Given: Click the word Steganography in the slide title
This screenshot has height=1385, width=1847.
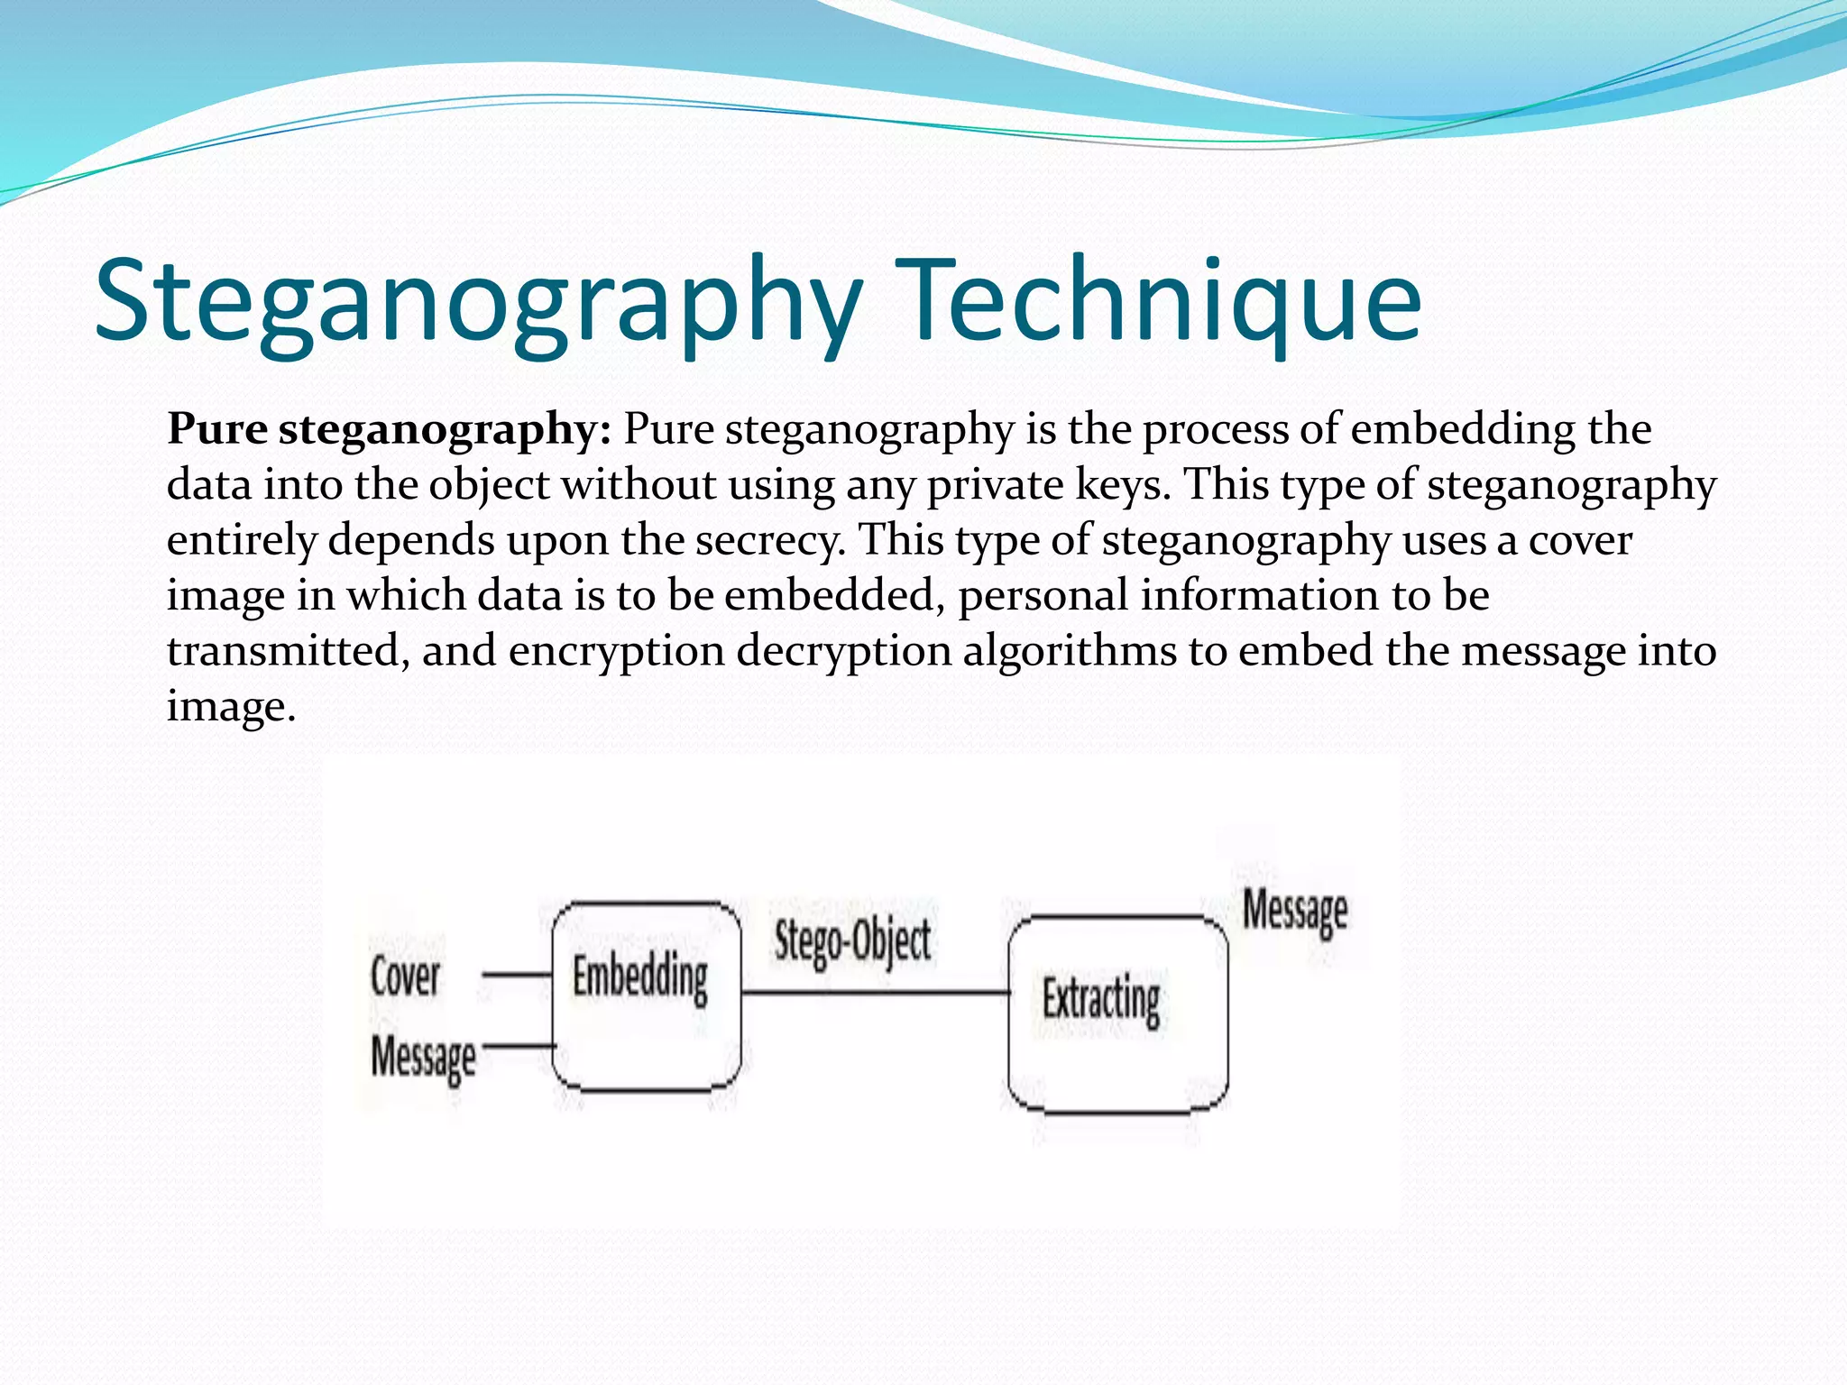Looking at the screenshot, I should [478, 302].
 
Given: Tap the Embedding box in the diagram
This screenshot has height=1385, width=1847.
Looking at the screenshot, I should [646, 996].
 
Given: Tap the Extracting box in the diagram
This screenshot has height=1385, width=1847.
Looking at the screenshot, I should [1117, 1014].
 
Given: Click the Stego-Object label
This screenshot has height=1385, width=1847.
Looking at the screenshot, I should [852, 940].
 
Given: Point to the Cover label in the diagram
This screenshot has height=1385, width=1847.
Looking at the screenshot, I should [405, 977].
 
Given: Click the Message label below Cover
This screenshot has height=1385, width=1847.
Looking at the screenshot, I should [423, 1056].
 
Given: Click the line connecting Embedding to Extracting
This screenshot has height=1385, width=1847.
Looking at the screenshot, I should [875, 993].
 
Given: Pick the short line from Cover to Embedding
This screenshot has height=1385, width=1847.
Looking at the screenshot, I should [516, 975].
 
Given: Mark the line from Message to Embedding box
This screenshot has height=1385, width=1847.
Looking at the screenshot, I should [519, 1046].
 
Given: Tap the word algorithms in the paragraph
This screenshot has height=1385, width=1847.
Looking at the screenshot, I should [1070, 651].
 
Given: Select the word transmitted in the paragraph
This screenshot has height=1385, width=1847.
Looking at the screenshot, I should [282, 651].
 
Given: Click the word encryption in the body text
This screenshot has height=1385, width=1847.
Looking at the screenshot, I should [616, 651].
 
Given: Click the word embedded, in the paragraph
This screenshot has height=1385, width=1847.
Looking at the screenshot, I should [833, 595].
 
